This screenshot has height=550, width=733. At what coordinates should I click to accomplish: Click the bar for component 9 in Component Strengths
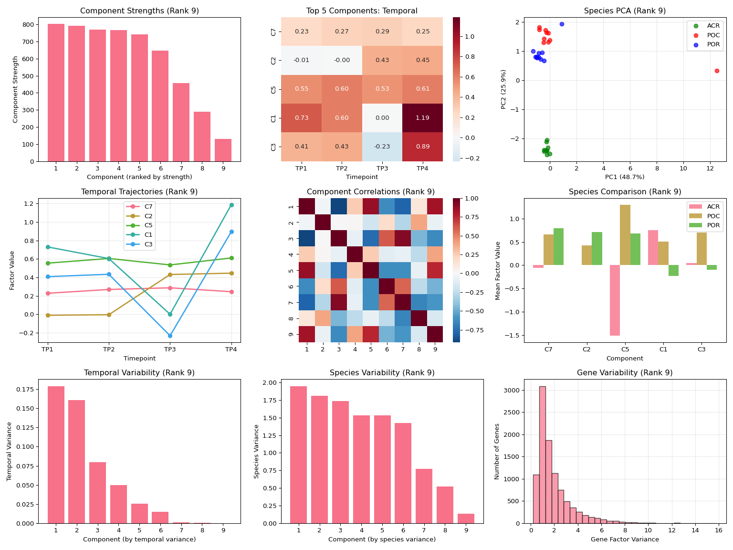tap(223, 150)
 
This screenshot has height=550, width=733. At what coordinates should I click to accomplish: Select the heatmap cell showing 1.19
tap(422, 118)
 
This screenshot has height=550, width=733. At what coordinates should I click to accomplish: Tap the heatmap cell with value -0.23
tap(382, 147)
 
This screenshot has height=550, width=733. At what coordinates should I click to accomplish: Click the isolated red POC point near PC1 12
tap(717, 71)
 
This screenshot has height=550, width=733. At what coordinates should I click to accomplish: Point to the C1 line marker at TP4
tap(231, 205)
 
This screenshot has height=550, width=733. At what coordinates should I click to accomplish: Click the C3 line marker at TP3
tap(170, 336)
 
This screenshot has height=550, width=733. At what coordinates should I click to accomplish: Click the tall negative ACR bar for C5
tap(615, 300)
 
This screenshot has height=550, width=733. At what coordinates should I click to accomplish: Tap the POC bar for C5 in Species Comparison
tap(625, 235)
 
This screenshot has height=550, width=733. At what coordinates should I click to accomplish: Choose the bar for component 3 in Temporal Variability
tap(97, 493)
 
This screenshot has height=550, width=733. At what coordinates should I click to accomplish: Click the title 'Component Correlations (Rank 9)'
tap(370, 192)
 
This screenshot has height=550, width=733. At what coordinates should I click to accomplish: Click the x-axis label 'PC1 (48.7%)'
tap(624, 177)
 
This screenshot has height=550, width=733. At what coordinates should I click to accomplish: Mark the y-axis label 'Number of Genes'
tap(497, 451)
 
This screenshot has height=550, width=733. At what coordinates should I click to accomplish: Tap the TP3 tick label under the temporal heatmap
tap(382, 168)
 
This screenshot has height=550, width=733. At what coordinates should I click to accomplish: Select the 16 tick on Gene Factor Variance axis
tap(719, 530)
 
